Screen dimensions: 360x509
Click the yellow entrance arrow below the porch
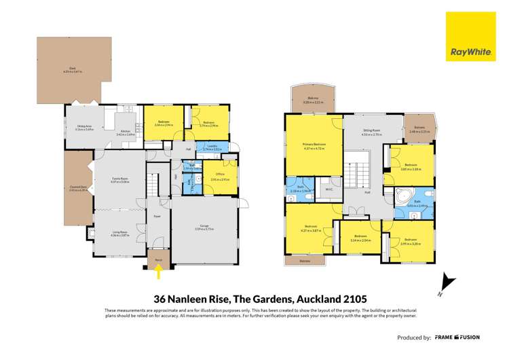158,272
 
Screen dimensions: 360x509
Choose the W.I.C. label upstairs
328,189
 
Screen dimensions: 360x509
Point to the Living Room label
120,234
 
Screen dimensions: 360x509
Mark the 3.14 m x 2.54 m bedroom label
361,240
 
